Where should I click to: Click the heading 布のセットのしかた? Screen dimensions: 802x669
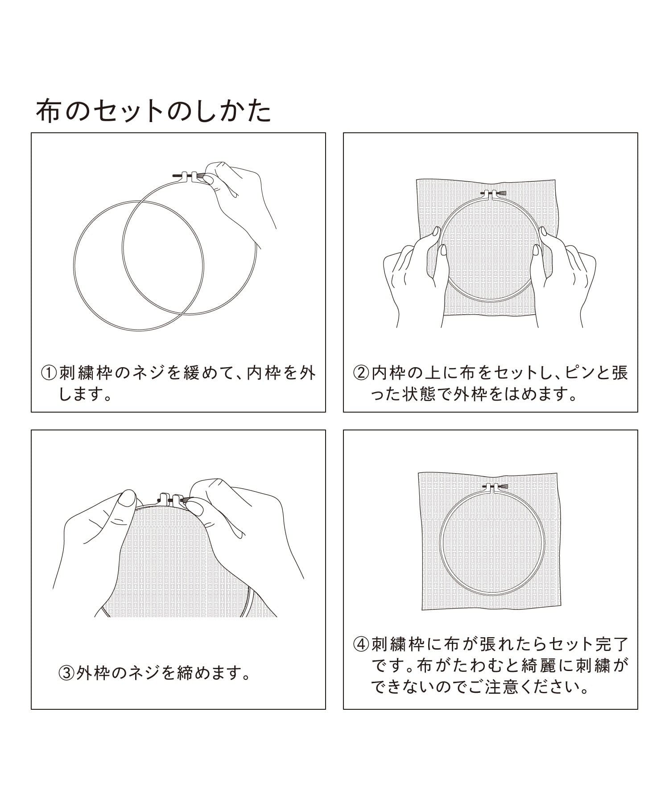click(153, 111)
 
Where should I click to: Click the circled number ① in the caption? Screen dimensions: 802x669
click(49, 373)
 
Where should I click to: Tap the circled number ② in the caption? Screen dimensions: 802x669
click(361, 373)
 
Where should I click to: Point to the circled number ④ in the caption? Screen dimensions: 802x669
click(361, 644)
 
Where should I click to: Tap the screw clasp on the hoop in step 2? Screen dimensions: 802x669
click(493, 194)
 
